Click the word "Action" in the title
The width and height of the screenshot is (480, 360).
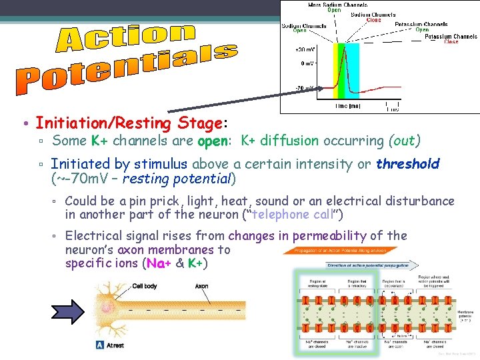point(127,39)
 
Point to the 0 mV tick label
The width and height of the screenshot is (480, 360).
point(307,63)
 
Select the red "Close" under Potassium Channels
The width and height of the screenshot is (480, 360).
point(451,42)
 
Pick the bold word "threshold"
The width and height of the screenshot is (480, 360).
point(407,164)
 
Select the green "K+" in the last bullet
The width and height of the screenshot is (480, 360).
point(195,263)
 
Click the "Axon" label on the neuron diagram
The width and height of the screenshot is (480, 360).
point(201,286)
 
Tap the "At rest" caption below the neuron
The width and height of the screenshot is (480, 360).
point(113,345)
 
